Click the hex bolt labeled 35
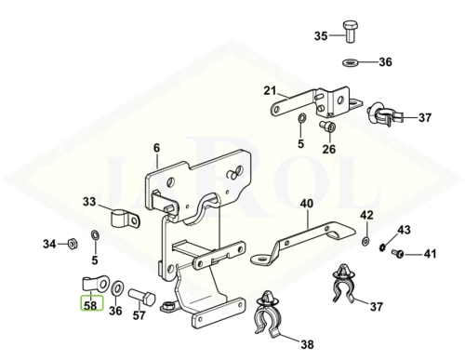[349, 32]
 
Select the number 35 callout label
[321, 36]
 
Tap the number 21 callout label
[270, 91]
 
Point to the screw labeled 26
[328, 127]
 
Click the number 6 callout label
[156, 148]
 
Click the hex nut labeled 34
[73, 244]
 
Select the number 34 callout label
[49, 244]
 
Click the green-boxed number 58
[91, 306]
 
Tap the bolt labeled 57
[141, 298]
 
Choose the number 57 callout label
[139, 315]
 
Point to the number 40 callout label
[307, 204]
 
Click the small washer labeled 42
[365, 241]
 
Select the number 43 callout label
[404, 230]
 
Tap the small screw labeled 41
[398, 254]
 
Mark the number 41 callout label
[430, 254]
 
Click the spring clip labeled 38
[268, 313]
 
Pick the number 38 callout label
[307, 344]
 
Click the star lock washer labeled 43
[382, 247]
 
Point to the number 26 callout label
[329, 149]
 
